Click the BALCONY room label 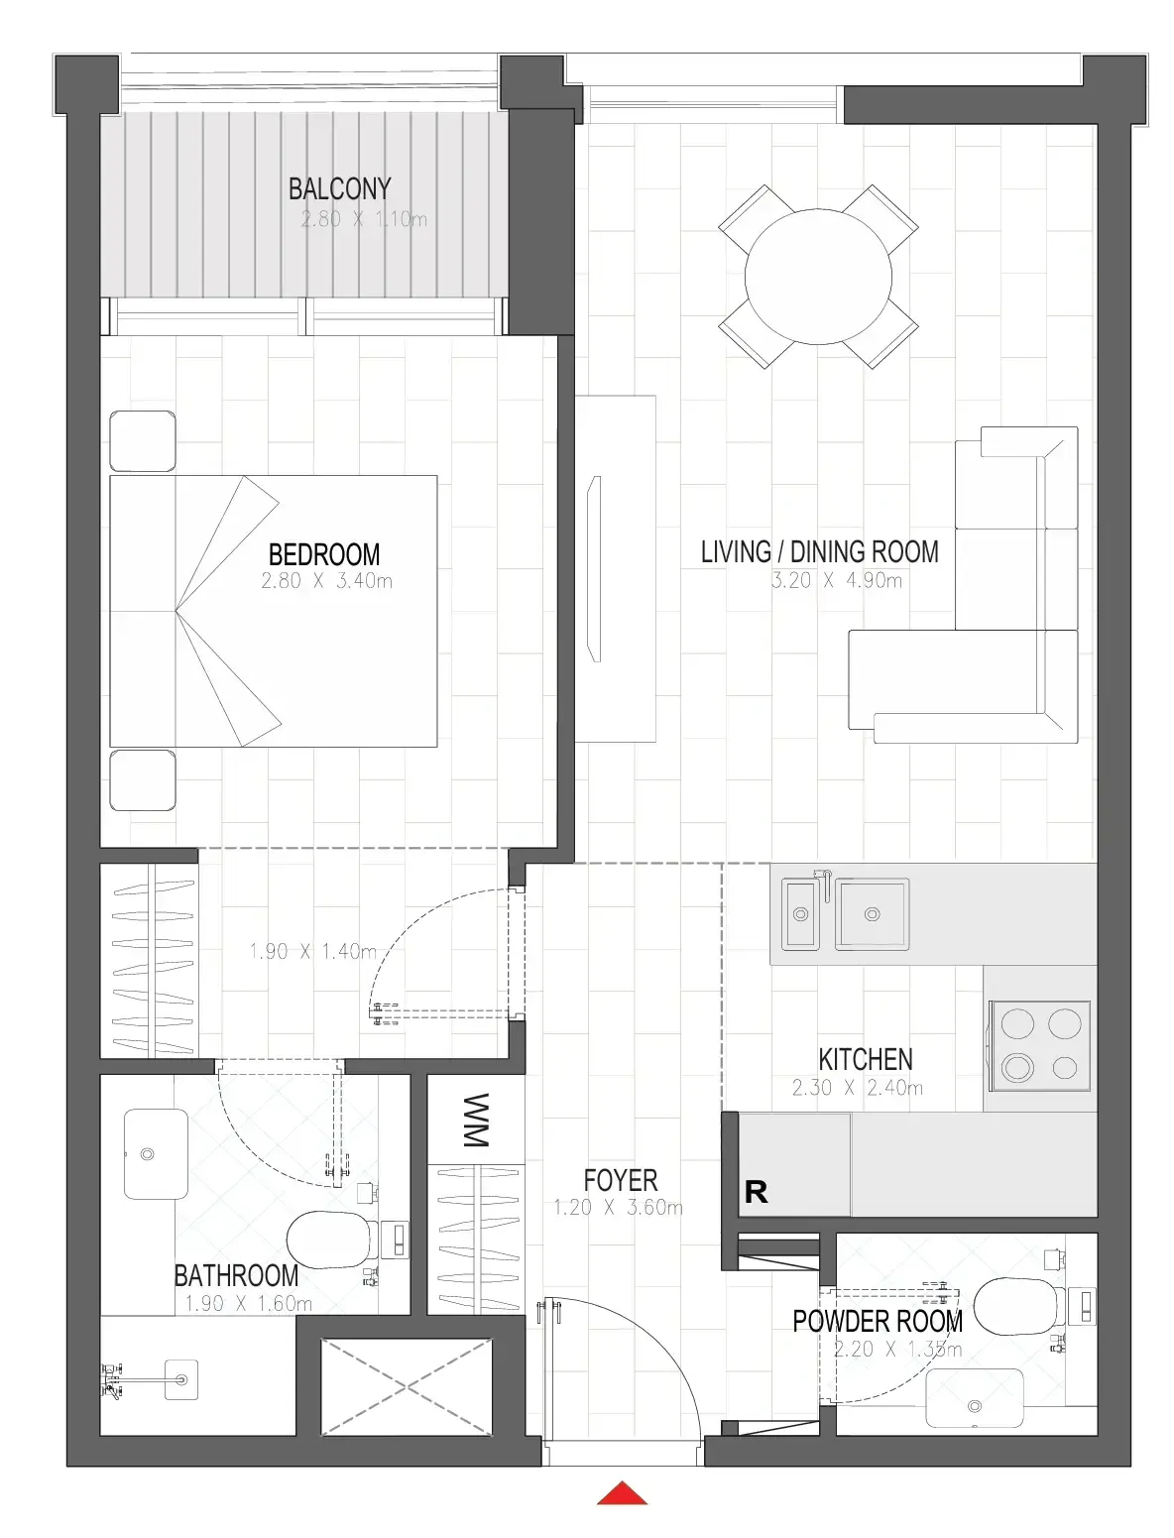340,188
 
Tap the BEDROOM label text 324,554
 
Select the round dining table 818,276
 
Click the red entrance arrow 622,1492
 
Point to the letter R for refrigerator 756,1191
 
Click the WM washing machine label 476,1120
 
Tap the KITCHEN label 865,1059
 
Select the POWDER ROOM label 878,1321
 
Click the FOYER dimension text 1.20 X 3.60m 618,1207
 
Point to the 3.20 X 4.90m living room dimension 836,580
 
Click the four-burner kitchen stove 1039,1045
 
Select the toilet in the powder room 1018,1308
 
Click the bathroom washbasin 156,1153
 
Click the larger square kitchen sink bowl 873,913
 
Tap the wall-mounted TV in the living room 593,568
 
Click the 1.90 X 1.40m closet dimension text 313,951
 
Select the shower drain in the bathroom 181,1379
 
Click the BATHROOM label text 236,1275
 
